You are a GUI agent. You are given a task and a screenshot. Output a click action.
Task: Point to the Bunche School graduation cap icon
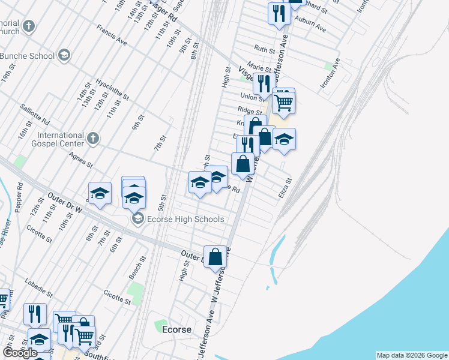pyautogui.click(x=63, y=56)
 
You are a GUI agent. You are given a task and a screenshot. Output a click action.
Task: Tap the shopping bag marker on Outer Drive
pyautogui.click(x=215, y=257)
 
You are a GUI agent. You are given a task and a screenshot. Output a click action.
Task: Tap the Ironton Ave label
pyautogui.click(x=330, y=74)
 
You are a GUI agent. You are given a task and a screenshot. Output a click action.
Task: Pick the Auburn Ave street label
pyautogui.click(x=313, y=26)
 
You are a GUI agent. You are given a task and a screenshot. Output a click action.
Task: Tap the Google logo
pyautogui.click(x=20, y=353)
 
